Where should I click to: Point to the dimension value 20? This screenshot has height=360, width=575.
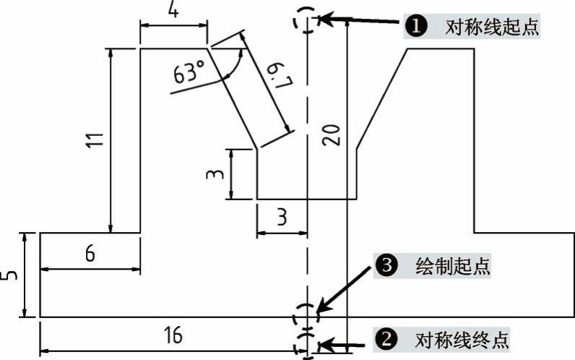point(331,134)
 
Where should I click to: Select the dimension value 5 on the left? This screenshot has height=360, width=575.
point(10,275)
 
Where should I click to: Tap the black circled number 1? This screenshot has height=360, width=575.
point(414,27)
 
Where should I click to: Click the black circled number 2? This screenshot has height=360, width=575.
point(386,338)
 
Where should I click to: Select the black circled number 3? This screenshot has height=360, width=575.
point(386,266)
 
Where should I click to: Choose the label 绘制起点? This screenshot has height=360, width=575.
point(454,266)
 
